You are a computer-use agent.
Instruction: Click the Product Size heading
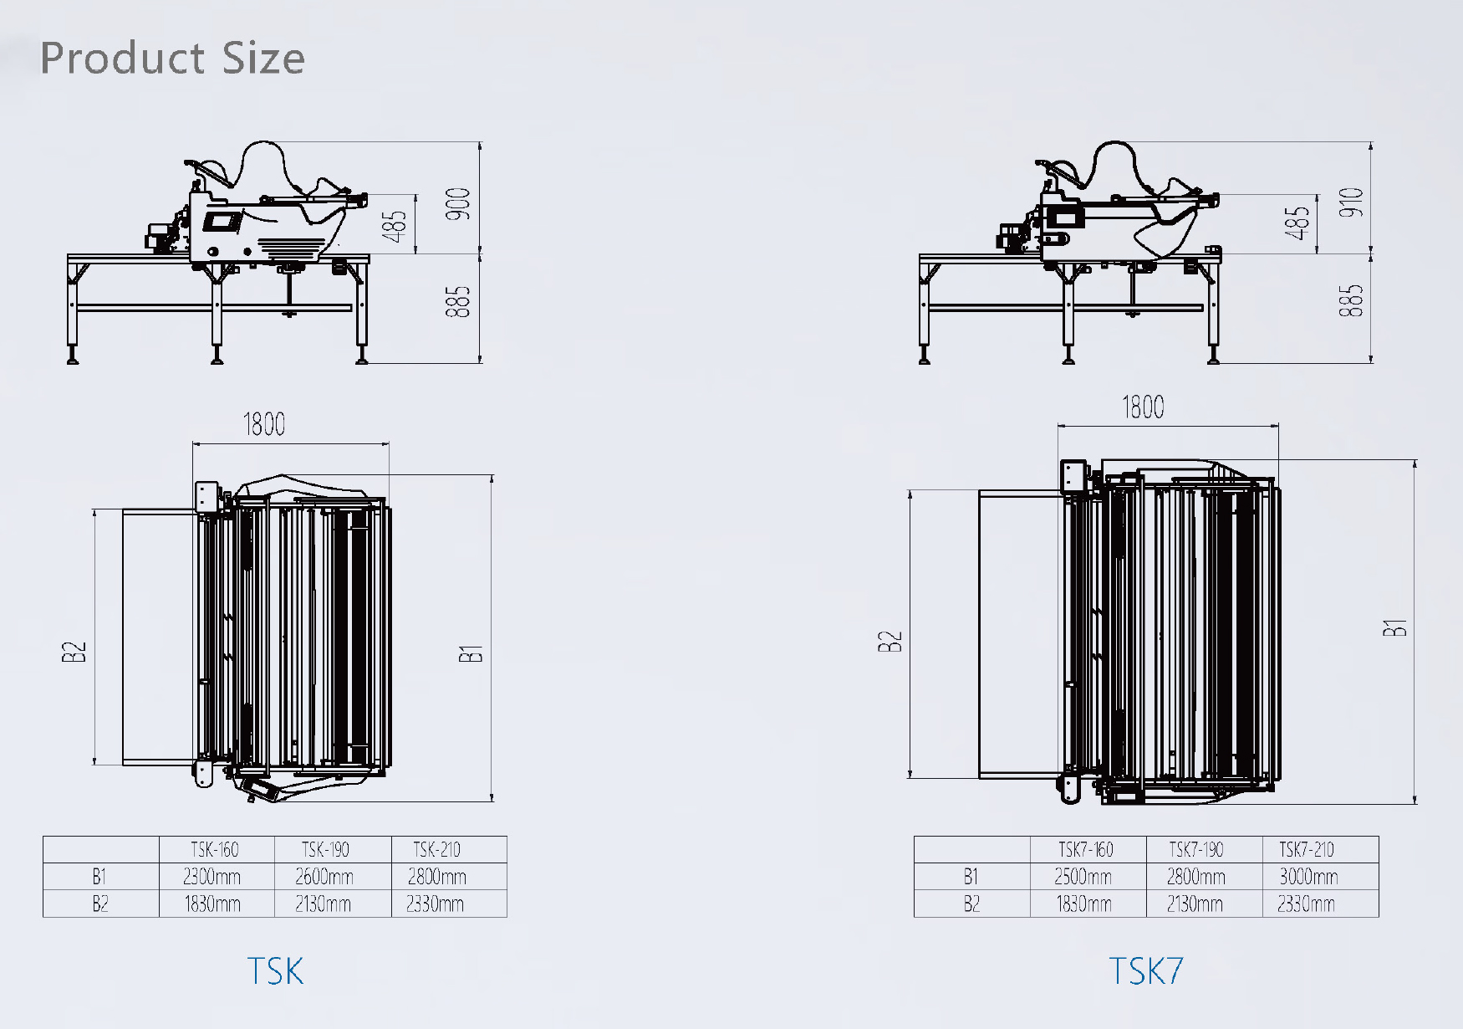tap(172, 58)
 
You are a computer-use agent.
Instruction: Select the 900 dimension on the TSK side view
tap(458, 204)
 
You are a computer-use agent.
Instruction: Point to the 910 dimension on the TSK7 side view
tap(1350, 202)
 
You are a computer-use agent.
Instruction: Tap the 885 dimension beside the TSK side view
tap(458, 302)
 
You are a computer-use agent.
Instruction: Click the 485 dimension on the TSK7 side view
tap(1297, 223)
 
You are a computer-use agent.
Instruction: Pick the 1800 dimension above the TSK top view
tap(263, 424)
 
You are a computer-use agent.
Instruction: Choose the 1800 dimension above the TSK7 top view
tap(1142, 407)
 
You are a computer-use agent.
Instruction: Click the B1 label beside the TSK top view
tap(471, 653)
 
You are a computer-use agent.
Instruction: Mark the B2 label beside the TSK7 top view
tap(890, 642)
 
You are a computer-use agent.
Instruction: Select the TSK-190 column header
tap(325, 850)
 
